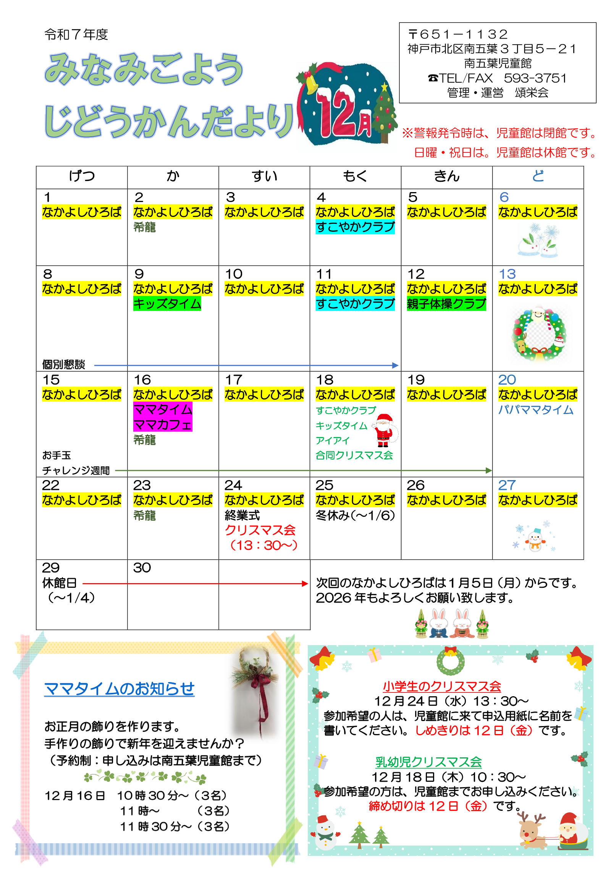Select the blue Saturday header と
[x=538, y=176]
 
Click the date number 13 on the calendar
[x=507, y=274]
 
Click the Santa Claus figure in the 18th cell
[x=384, y=430]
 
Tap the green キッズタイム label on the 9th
[x=167, y=304]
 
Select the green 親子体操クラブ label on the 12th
[x=446, y=304]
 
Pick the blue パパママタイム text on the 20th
[x=536, y=410]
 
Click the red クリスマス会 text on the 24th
[x=260, y=530]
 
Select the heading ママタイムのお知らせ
[x=119, y=690]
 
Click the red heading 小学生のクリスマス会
[x=442, y=686]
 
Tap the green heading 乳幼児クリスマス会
[x=428, y=762]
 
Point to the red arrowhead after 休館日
[x=305, y=584]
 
